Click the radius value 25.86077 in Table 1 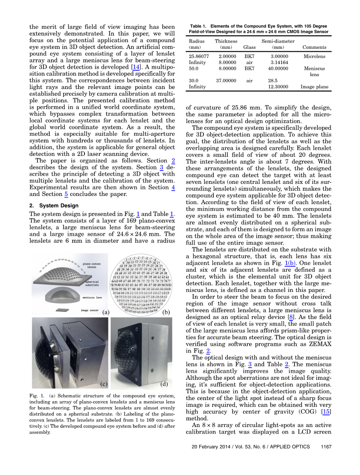[198, 56]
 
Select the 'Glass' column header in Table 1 [249, 47]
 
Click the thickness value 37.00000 [226, 80]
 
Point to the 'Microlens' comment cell [314, 56]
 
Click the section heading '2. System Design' [54, 205]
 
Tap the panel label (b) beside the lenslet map [166, 312]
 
